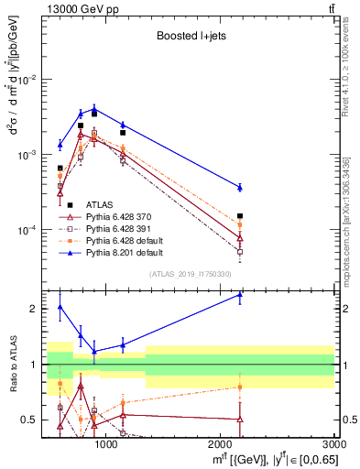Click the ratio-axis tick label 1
tap(33, 365)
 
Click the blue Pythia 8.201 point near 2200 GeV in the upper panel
tap(240, 187)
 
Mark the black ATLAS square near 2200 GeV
tap(240, 217)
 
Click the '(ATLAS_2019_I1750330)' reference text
tap(188, 274)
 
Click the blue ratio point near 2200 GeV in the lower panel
tap(240, 295)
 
